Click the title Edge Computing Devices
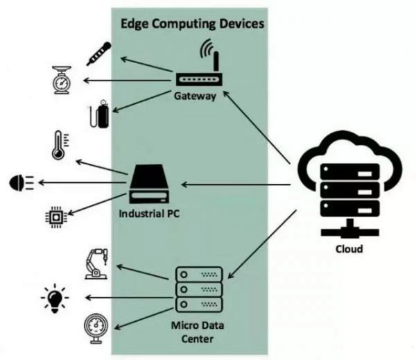click(193, 23)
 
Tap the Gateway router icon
click(193, 80)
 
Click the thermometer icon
click(57, 146)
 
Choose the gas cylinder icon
click(97, 114)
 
